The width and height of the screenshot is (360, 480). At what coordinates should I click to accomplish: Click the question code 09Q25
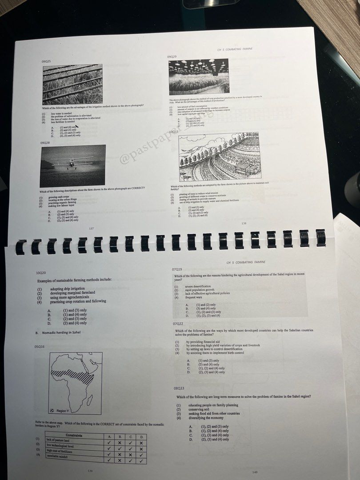[46, 61]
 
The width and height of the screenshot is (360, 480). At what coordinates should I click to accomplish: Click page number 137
[91, 228]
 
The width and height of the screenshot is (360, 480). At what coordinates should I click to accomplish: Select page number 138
[244, 223]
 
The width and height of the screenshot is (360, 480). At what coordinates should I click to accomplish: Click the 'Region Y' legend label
[63, 411]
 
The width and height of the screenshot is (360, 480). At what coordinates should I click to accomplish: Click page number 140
[255, 472]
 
